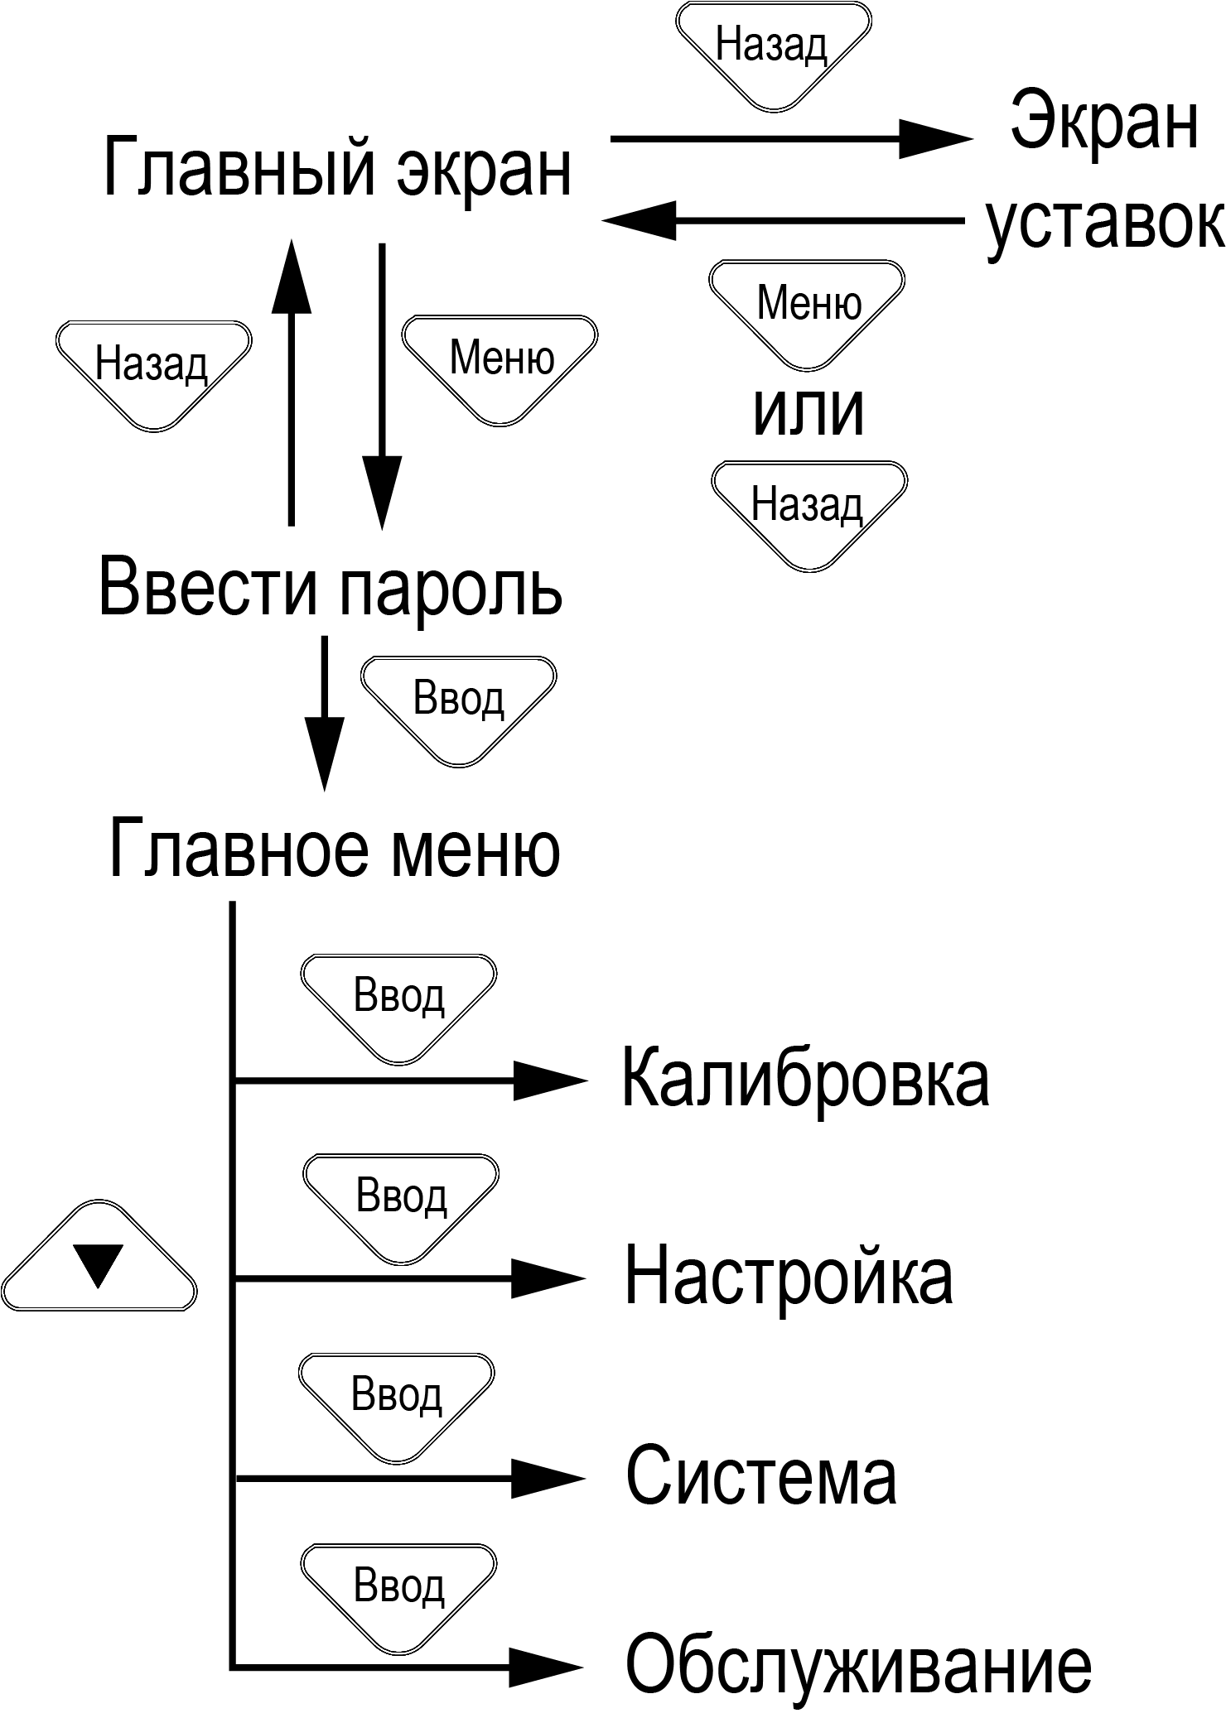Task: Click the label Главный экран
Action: [x=337, y=169]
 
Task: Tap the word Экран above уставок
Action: [x=1105, y=123]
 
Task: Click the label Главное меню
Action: [x=335, y=849]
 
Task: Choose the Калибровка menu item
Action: [x=805, y=1079]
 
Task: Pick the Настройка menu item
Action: [x=788, y=1278]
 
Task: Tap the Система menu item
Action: [x=760, y=1477]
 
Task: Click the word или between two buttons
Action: [x=808, y=411]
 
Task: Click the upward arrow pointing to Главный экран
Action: [x=292, y=381]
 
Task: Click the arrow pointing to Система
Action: [x=410, y=1478]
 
